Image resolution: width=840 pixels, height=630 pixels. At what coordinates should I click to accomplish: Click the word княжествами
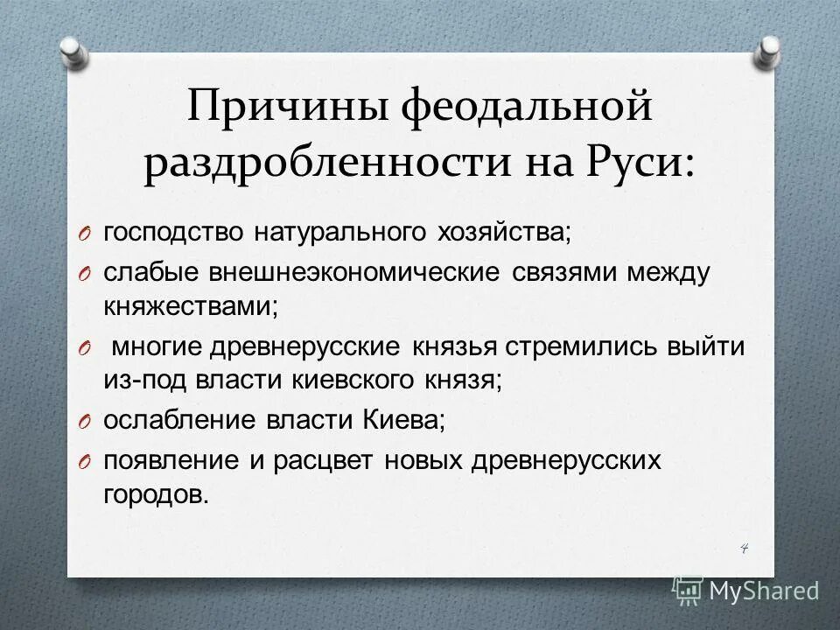coord(192,306)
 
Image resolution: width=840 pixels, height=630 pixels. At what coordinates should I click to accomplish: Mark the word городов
coord(157,494)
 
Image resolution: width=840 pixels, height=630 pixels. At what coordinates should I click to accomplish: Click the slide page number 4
coord(745,548)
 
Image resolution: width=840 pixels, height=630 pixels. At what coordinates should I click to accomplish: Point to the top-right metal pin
coord(769,52)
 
